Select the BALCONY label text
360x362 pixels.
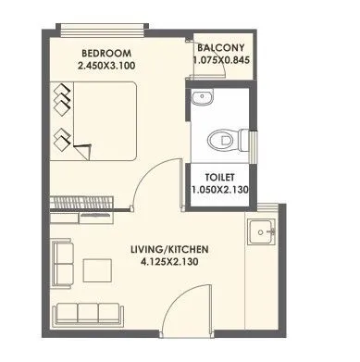pyautogui.click(x=222, y=45)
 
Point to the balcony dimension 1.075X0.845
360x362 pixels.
pyautogui.click(x=222, y=60)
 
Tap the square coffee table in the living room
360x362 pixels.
pyautogui.click(x=98, y=269)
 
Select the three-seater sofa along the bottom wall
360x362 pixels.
pyautogui.click(x=91, y=313)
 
